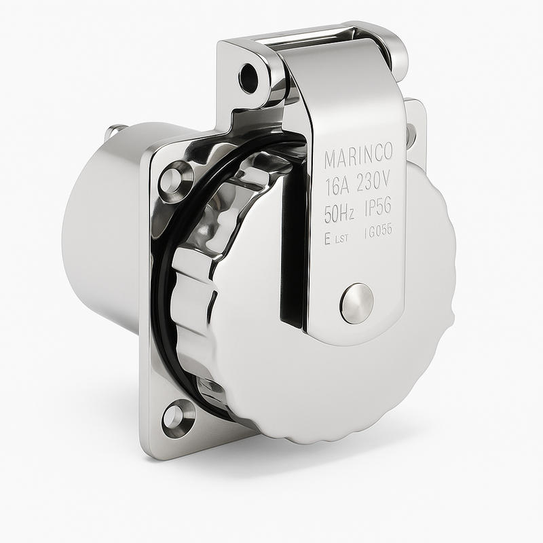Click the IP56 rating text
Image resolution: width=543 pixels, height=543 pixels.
pyautogui.click(x=380, y=213)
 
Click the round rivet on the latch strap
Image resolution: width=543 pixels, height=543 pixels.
pyautogui.click(x=356, y=303)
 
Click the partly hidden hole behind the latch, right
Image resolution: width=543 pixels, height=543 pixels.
pyautogui.click(x=411, y=134)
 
